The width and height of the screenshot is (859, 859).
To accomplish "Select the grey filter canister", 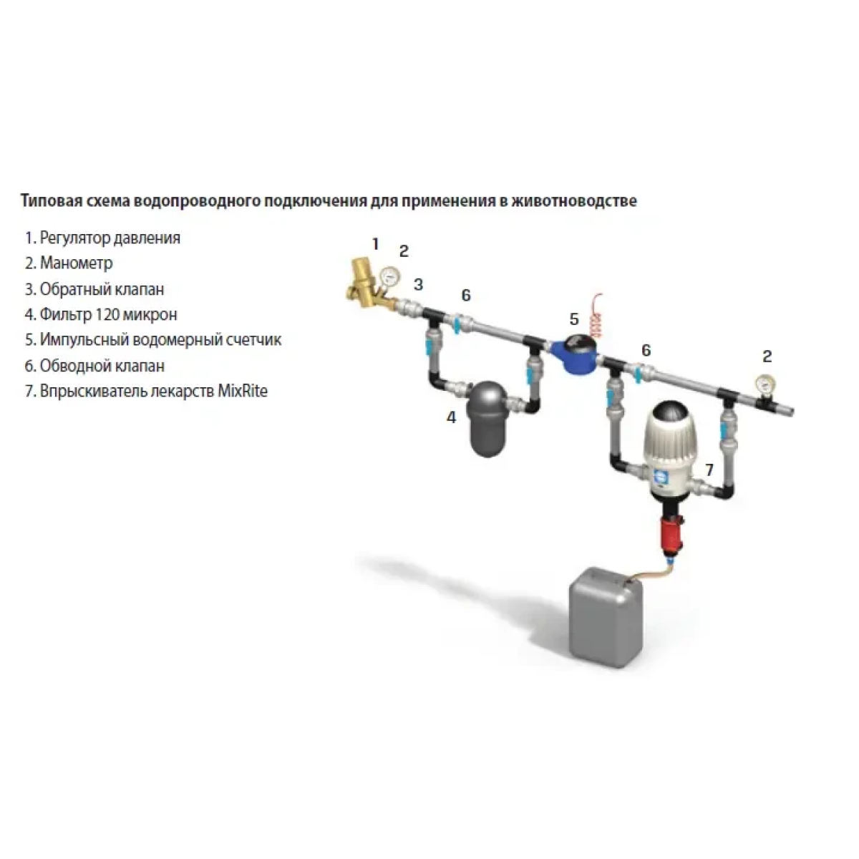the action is [x=486, y=419].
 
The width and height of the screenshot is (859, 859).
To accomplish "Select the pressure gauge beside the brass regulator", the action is [x=391, y=277].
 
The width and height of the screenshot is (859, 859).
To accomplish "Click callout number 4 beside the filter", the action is [x=451, y=417].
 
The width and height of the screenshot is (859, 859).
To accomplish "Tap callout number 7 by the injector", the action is [x=709, y=470].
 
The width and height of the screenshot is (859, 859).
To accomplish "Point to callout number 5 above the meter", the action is [x=574, y=319].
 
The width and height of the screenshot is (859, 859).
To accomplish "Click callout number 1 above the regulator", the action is [x=375, y=244].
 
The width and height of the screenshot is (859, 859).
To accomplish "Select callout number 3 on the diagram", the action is [x=417, y=284].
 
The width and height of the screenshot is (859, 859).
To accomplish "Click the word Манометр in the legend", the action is [x=76, y=263].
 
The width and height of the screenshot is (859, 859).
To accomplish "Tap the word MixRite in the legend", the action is [x=243, y=391].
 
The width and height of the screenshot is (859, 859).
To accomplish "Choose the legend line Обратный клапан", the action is [x=94, y=289].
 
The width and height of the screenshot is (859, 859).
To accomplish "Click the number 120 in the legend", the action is [x=107, y=314].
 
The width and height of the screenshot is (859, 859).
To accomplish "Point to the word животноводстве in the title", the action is [x=574, y=201].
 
